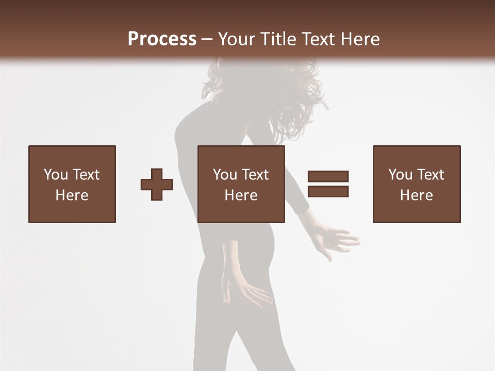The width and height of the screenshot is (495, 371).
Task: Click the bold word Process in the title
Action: [x=162, y=39]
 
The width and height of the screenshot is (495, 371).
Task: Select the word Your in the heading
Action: [x=236, y=39]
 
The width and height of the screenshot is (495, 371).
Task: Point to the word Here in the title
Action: [x=360, y=39]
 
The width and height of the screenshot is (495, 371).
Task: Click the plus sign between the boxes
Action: [x=157, y=184]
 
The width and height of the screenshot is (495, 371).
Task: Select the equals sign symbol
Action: [x=328, y=184]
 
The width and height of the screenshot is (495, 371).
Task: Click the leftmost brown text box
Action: [x=72, y=184]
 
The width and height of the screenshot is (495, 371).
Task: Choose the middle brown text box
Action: [x=241, y=184]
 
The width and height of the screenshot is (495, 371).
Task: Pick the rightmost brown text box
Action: [x=416, y=184]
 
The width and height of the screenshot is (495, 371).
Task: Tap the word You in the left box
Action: [x=55, y=175]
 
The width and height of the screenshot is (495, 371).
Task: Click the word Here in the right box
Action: [x=416, y=195]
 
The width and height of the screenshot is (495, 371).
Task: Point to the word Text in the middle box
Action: [x=255, y=175]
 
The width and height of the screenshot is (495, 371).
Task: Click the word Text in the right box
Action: [x=430, y=175]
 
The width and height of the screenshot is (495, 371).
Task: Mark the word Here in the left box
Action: [x=72, y=195]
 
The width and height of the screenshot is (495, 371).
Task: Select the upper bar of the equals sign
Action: [x=328, y=177]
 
